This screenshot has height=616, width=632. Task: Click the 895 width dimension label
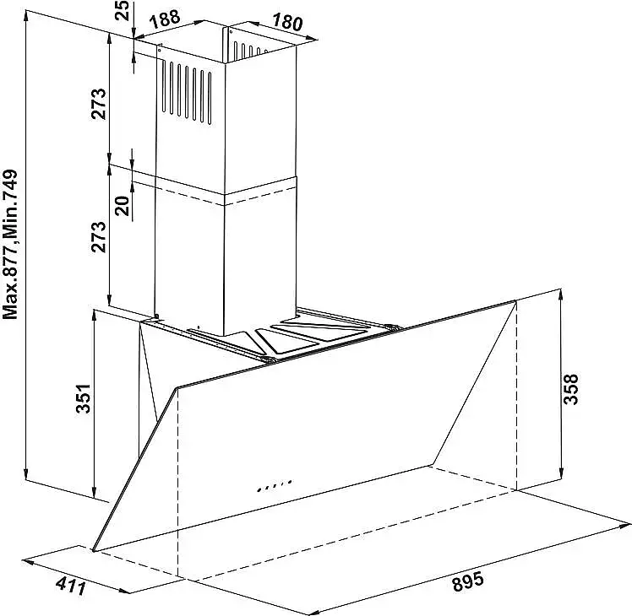point(467,581)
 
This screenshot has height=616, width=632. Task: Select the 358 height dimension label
point(570,389)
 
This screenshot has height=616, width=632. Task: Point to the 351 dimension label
point(84,398)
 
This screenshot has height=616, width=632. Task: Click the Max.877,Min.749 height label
point(10,245)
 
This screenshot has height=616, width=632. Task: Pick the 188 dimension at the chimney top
point(164,18)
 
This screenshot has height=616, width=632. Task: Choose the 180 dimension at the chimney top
point(286,21)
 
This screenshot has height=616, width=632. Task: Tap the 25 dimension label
point(122,11)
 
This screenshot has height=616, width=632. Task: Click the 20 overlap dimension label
point(123,206)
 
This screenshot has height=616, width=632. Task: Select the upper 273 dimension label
point(99,104)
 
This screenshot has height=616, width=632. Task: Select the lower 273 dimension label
point(99,237)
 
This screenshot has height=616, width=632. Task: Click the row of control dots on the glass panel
point(274,485)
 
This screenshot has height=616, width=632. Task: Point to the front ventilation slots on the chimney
point(187,92)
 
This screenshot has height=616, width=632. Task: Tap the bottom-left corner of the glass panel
point(94,549)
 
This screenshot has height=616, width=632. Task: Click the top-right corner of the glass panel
point(515,300)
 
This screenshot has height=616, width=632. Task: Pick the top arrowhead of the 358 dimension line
point(561,296)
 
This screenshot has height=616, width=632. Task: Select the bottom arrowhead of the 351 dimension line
point(94,492)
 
